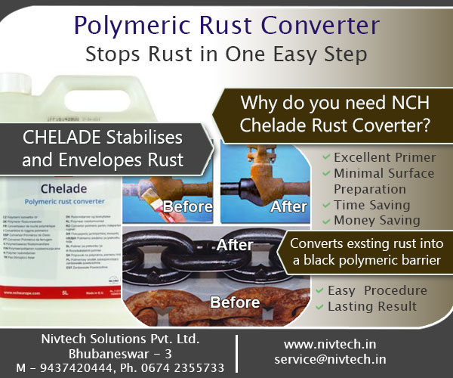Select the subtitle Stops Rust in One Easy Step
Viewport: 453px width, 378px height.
(x=226, y=54)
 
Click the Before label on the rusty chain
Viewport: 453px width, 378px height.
(x=235, y=302)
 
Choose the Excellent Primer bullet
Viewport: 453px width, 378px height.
(x=384, y=157)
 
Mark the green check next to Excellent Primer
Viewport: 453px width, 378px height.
(x=325, y=157)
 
